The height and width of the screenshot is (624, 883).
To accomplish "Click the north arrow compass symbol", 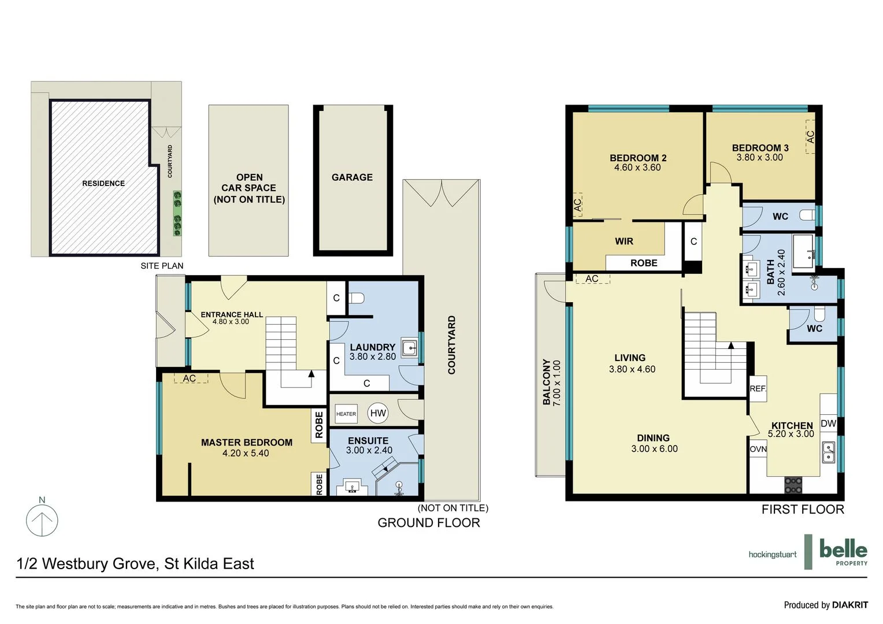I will pyautogui.click(x=42, y=519).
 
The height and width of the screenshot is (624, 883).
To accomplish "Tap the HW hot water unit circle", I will pyautogui.click(x=378, y=413).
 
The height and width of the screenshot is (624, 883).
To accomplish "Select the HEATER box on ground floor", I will pyautogui.click(x=346, y=414).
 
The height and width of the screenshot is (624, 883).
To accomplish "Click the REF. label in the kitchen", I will pyautogui.click(x=758, y=389).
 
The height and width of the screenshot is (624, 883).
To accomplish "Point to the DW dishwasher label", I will pyautogui.click(x=828, y=424).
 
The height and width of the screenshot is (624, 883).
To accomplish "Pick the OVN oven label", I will pyautogui.click(x=758, y=449).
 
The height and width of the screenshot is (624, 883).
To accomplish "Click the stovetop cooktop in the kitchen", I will pyautogui.click(x=793, y=484).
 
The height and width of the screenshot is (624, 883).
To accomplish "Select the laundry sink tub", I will pyautogui.click(x=409, y=348).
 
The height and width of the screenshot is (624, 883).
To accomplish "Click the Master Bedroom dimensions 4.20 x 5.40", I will pyautogui.click(x=246, y=454).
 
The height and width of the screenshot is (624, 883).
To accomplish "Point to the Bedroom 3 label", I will pyautogui.click(x=760, y=148).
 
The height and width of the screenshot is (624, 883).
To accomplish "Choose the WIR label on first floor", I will pyautogui.click(x=624, y=242).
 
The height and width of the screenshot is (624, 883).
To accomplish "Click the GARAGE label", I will pyautogui.click(x=352, y=177).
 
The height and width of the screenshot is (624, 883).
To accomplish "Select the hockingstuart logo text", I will pyautogui.click(x=772, y=555).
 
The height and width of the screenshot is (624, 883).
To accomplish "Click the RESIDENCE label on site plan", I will pyautogui.click(x=103, y=183).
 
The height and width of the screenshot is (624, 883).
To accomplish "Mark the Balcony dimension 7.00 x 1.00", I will pyautogui.click(x=557, y=383).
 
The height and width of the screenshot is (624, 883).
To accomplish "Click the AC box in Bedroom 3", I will pyautogui.click(x=810, y=137).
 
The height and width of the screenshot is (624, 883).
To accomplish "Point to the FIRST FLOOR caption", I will pyautogui.click(x=802, y=510).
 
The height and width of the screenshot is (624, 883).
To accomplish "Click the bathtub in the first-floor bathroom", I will pyautogui.click(x=803, y=251).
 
